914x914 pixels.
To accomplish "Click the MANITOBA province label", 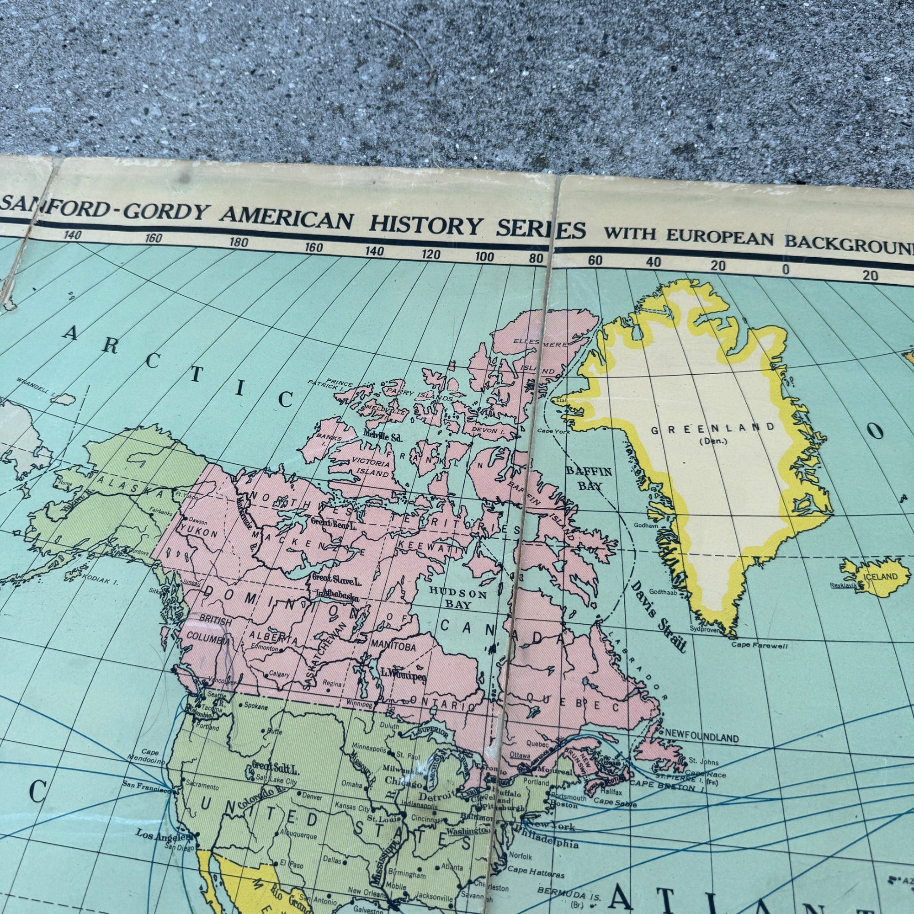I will click(x=393, y=646).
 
